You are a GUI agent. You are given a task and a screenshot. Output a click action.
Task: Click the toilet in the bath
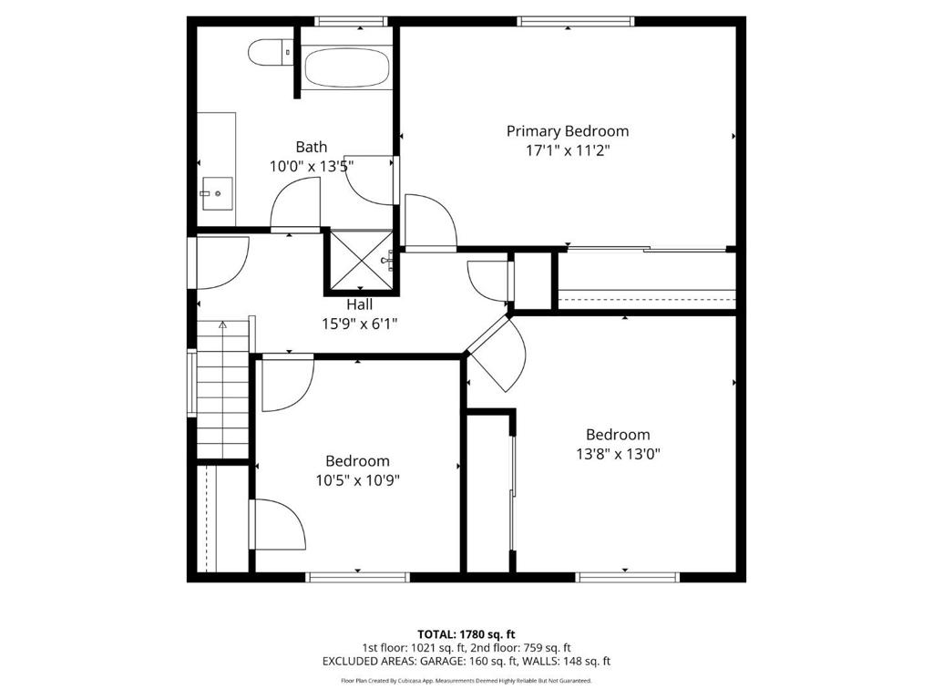click(271, 52)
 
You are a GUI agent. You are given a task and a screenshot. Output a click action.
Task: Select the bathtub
click(347, 67)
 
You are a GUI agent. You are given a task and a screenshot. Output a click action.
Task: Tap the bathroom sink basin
click(217, 193)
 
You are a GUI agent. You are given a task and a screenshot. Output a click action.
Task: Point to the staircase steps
click(222, 390)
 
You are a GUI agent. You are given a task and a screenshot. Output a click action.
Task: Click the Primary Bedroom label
click(567, 131)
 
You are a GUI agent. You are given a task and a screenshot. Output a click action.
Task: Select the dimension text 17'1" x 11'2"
click(568, 150)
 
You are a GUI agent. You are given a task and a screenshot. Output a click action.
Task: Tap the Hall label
click(359, 304)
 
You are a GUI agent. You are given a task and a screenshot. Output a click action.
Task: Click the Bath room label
click(312, 147)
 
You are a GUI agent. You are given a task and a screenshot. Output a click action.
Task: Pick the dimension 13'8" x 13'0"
click(619, 454)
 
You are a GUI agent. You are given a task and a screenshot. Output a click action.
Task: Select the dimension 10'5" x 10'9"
click(357, 479)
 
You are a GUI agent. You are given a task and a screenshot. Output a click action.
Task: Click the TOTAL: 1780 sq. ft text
click(466, 634)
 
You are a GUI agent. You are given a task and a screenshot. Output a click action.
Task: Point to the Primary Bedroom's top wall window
click(575, 22)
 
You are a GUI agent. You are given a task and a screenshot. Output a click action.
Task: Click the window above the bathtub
click(351, 22)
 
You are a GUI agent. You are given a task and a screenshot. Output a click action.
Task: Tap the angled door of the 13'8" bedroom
click(497, 354)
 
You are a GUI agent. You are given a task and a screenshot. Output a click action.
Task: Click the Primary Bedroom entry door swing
click(430, 221)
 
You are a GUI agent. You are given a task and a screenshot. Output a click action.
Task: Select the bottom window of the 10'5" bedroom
click(357, 577)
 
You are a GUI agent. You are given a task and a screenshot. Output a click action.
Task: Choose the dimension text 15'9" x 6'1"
click(359, 324)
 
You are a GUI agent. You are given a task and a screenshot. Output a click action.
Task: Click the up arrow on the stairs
click(222, 325)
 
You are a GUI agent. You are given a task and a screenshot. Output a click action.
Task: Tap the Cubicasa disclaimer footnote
click(466, 680)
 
